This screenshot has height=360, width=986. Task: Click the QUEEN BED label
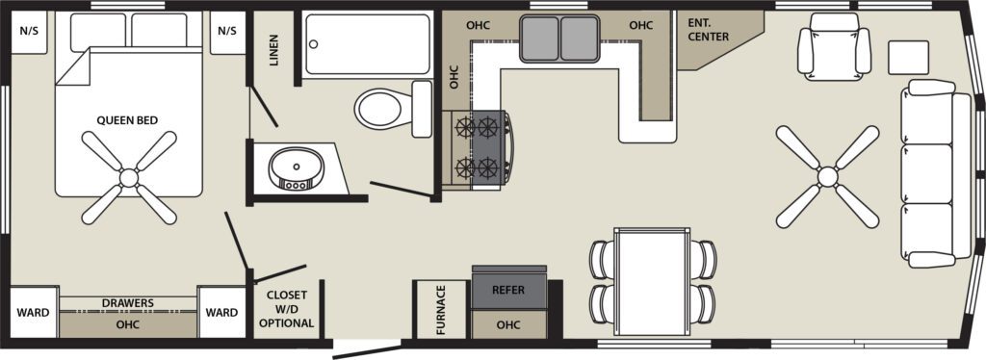pyautogui.click(x=127, y=120)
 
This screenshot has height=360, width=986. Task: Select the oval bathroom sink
pyautogui.click(x=297, y=168)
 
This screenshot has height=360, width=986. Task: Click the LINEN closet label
pyautogui.click(x=273, y=51)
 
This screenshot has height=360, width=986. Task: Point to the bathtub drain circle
pyautogui.click(x=313, y=44)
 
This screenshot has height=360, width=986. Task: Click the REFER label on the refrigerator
pyautogui.click(x=508, y=291)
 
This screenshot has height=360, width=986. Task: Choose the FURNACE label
pyautogui.click(x=440, y=310)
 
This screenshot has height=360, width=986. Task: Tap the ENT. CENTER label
pyautogui.click(x=708, y=30)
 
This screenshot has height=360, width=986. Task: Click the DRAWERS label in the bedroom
pyautogui.click(x=128, y=303)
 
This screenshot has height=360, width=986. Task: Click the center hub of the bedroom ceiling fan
pyautogui.click(x=129, y=178)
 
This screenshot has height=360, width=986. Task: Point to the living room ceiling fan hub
pyautogui.click(x=827, y=176)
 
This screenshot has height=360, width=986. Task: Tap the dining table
pyautogui.click(x=652, y=281)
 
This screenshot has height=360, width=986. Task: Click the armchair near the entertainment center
pyautogui.click(x=834, y=46)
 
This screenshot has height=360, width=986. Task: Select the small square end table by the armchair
pyautogui.click(x=908, y=58)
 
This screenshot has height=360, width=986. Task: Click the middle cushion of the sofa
pyautogui.click(x=926, y=173)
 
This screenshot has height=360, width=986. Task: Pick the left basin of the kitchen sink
pyautogui.click(x=539, y=39)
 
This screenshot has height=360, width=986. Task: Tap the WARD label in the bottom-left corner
pyautogui.click(x=34, y=312)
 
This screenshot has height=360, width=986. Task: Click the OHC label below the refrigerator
pyautogui.click(x=508, y=324)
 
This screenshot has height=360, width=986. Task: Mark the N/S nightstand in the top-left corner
pyautogui.click(x=29, y=32)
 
